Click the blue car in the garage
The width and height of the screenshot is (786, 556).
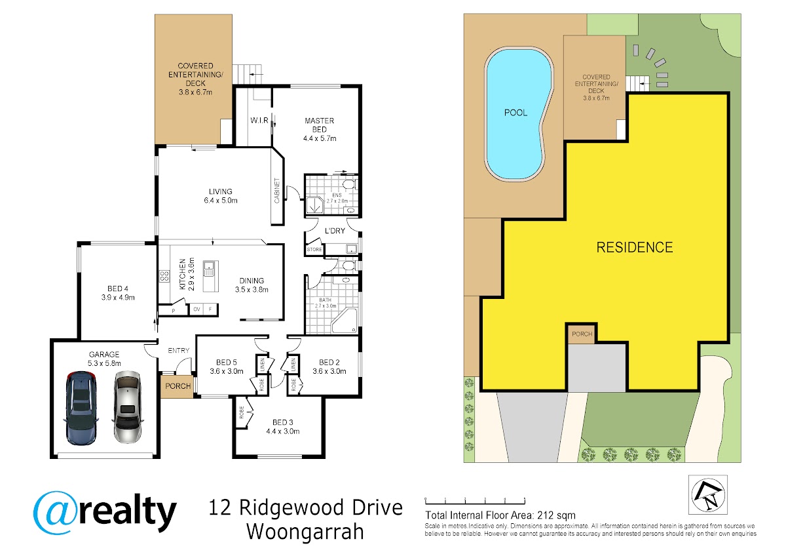[x=81, y=408]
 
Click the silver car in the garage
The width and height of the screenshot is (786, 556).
[x=127, y=407]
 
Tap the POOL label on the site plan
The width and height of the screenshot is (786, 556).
[x=515, y=113]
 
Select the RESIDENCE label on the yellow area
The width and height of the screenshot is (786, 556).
[x=635, y=248]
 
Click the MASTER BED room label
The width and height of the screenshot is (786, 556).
[x=320, y=125]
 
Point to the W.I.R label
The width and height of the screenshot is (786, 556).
[x=259, y=121]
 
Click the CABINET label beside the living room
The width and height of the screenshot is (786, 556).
[x=277, y=191]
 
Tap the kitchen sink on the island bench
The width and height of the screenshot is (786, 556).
[x=209, y=269]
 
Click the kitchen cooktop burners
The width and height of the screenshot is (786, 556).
[x=164, y=276]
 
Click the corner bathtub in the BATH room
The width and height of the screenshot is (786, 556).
[x=345, y=321]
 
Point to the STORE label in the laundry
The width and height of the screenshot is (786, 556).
[x=314, y=250]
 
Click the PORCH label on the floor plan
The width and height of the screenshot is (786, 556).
[x=178, y=386]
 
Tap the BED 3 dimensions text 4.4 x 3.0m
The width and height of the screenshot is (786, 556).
[x=283, y=431]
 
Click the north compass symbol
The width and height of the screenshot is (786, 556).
[x=708, y=495]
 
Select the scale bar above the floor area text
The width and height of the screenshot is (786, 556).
[x=475, y=500]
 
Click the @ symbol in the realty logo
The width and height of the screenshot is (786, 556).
[x=56, y=513]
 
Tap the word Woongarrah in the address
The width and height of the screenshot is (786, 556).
[x=305, y=532]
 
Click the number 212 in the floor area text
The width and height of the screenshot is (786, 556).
[x=547, y=515]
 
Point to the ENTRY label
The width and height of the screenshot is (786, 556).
[x=179, y=351]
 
